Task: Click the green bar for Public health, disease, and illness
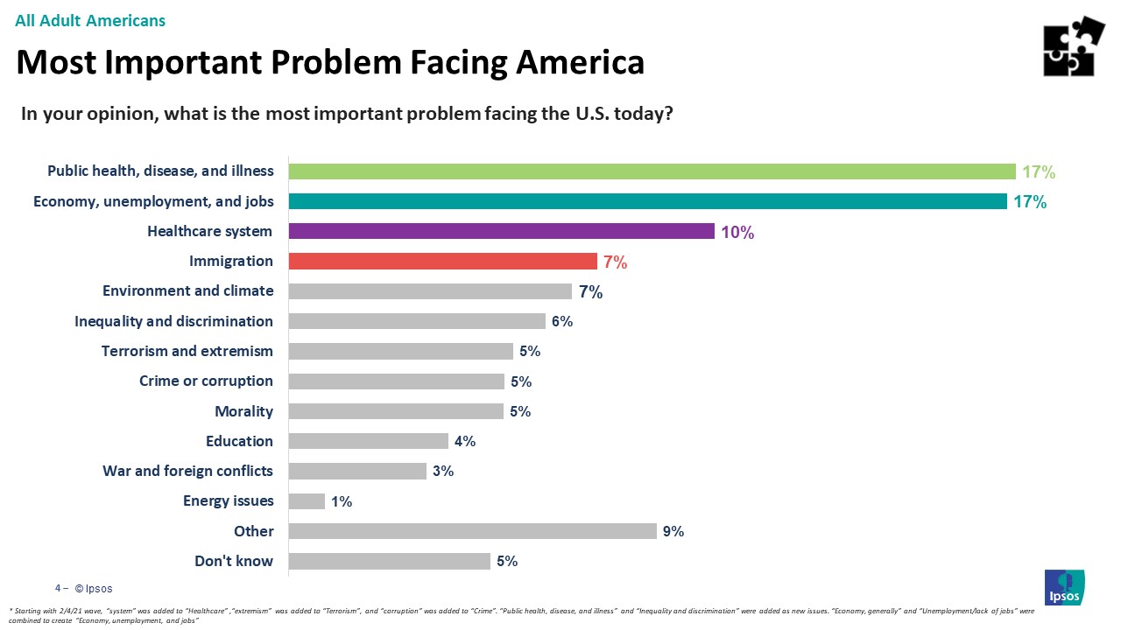tap(652, 171)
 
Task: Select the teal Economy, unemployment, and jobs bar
tap(647, 201)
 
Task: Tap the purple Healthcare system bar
tap(502, 231)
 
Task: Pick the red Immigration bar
tap(442, 261)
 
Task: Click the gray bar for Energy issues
tap(307, 501)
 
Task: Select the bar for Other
tap(472, 531)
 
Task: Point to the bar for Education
tap(368, 441)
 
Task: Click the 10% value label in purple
tap(737, 232)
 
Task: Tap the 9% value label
tap(673, 531)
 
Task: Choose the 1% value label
tap(342, 501)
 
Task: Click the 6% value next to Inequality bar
tap(561, 321)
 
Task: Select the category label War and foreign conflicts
tap(187, 471)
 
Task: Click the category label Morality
tap(244, 411)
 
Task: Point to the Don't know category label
tap(234, 561)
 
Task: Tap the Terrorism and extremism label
tap(187, 351)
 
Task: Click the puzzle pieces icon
tap(1074, 46)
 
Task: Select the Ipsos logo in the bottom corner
tap(1064, 586)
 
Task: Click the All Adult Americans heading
tap(90, 20)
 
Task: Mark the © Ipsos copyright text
tap(93, 589)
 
